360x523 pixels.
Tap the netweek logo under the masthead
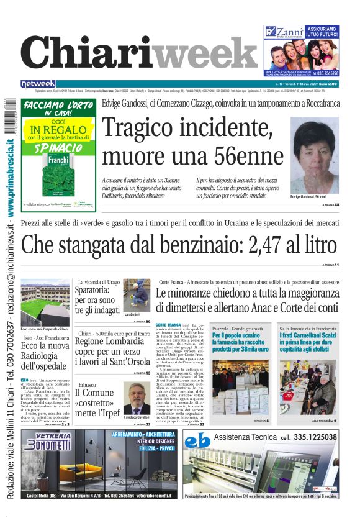tap(38, 83)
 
